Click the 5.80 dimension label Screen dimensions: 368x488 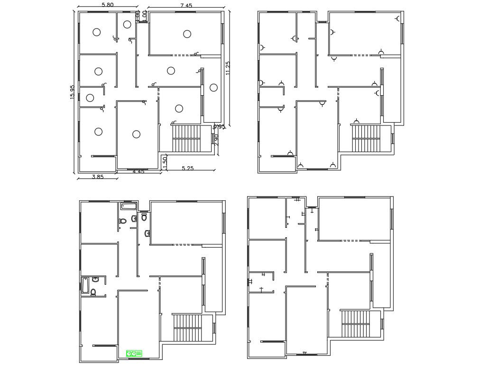[107, 5]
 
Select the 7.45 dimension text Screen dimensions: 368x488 [186, 6]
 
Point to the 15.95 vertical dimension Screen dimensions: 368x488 [72, 92]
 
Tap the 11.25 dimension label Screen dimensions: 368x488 [228, 68]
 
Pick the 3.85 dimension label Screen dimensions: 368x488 [97, 177]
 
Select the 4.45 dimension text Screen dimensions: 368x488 [138, 171]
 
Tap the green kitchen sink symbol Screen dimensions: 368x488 [134, 353]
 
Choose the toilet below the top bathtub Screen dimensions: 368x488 [123, 221]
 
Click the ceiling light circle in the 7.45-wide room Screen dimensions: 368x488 [187, 34]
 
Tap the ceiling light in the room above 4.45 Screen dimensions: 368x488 [136, 134]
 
